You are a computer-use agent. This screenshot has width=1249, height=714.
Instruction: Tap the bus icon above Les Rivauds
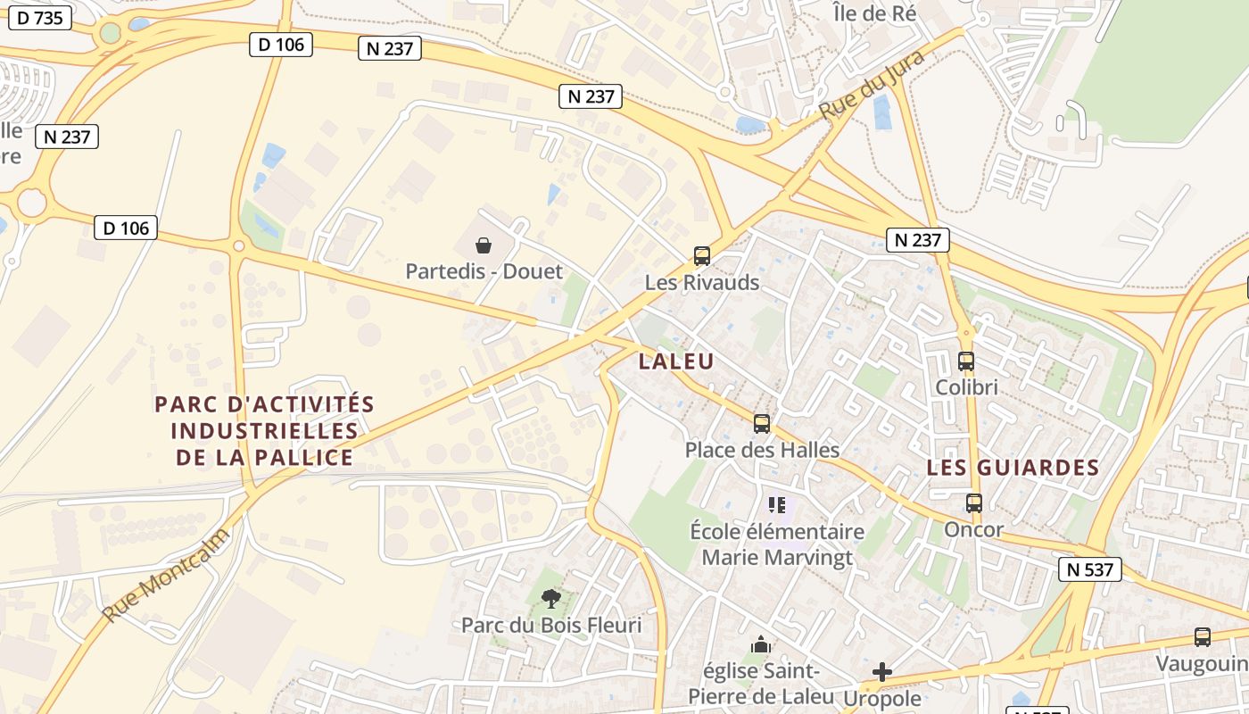[702, 256]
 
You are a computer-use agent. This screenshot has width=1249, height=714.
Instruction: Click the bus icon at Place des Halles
[762, 424]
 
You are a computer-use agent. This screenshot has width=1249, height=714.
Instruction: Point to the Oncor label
[974, 530]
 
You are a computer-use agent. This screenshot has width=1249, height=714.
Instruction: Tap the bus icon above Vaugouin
[1203, 637]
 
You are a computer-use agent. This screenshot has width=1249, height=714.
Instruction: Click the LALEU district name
[676, 361]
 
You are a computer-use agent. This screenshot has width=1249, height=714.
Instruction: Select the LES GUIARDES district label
[1013, 468]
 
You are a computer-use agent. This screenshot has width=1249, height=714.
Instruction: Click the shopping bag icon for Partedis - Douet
[484, 245]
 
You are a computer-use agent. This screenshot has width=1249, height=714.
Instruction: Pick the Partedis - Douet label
[484, 271]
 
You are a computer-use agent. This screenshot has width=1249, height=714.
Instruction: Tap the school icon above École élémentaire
[777, 505]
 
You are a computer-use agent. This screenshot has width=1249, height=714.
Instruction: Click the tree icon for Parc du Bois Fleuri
[551, 598]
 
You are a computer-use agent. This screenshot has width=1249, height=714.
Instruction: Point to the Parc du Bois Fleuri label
[551, 626]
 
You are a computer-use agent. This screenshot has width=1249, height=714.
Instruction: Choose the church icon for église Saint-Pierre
[760, 644]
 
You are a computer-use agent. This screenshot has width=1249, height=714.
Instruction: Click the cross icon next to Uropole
[882, 671]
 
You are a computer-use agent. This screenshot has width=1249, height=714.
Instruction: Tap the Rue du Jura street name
[871, 86]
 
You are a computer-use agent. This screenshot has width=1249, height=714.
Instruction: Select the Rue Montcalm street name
[166, 576]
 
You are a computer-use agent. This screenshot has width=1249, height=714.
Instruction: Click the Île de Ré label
[873, 13]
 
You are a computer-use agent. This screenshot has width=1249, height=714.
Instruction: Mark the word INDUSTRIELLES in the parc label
[264, 431]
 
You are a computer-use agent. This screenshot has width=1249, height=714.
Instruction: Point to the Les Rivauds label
[702, 283]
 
